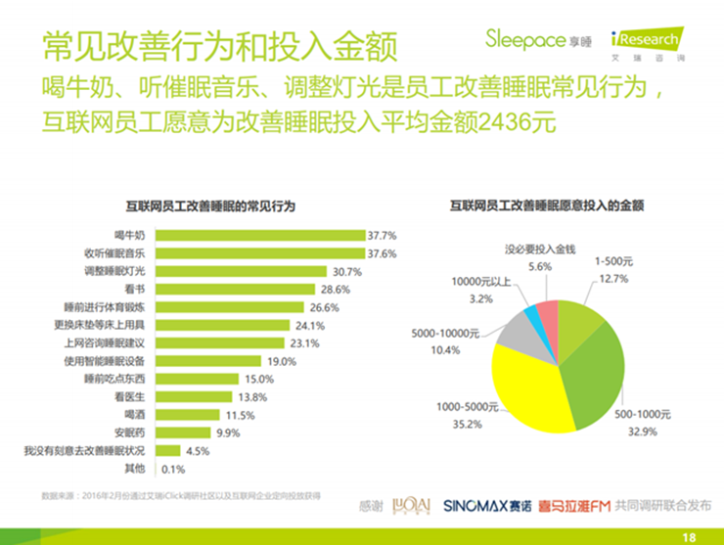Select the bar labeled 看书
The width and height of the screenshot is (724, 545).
235,289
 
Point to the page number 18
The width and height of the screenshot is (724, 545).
689,535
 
